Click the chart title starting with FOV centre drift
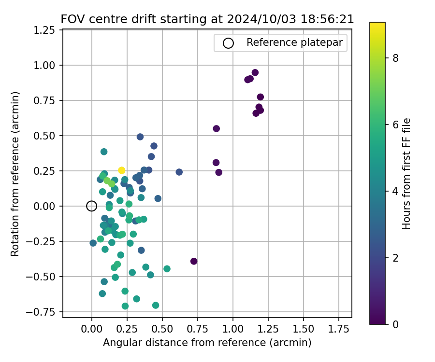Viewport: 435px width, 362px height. click(x=207, y=19)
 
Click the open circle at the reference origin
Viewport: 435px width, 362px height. click(x=92, y=206)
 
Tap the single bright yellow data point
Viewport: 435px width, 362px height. click(x=122, y=170)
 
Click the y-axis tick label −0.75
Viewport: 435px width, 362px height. click(x=44, y=312)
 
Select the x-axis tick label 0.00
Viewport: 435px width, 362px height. click(x=92, y=329)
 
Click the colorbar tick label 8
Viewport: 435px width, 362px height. click(x=395, y=58)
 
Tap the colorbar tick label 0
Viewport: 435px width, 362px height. click(x=395, y=324)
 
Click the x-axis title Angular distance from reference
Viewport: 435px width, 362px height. click(x=207, y=343)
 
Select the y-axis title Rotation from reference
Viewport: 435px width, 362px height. click(x=15, y=174)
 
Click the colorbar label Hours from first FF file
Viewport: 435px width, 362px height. click(x=407, y=174)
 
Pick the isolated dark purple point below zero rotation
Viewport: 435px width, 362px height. click(x=194, y=261)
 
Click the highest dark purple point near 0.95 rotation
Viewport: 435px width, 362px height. click(x=255, y=73)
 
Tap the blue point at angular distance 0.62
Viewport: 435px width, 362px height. click(x=179, y=172)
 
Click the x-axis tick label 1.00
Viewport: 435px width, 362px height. click(x=233, y=329)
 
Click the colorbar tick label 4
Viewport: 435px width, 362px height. click(x=395, y=191)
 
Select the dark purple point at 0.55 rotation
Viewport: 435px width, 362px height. click(x=217, y=128)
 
